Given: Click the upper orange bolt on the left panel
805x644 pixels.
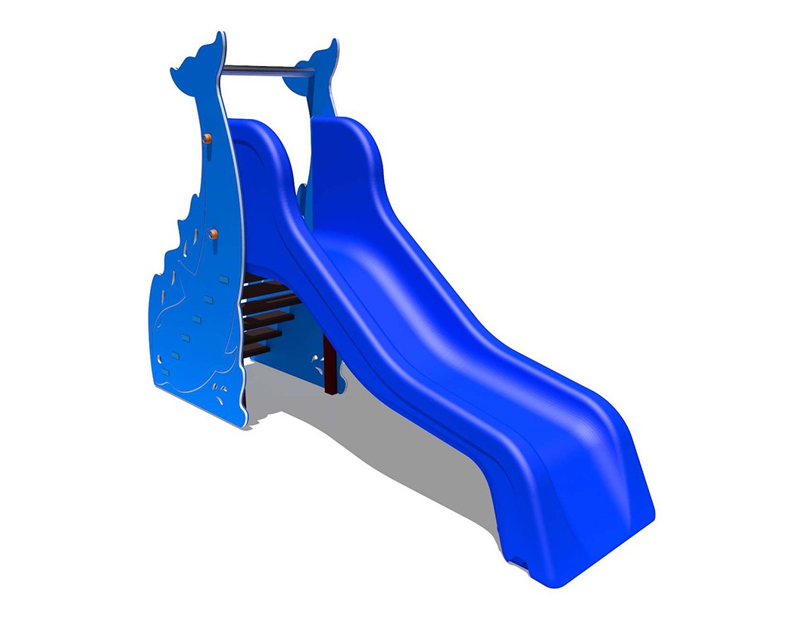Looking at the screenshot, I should coord(206,138).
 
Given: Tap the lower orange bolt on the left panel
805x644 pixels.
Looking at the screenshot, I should coord(213,234).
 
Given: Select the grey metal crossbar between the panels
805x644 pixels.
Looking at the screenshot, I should coord(267,70).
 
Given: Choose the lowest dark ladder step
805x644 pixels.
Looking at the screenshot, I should coord(257,349).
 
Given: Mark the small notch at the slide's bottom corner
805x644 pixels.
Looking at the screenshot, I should coord(521,561).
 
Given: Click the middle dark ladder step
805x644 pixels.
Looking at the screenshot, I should coord(265,319).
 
